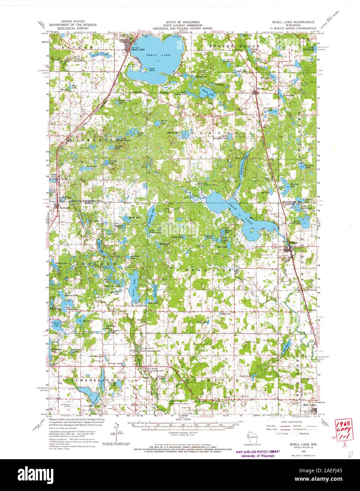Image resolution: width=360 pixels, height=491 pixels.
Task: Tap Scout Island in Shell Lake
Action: click(152, 70)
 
